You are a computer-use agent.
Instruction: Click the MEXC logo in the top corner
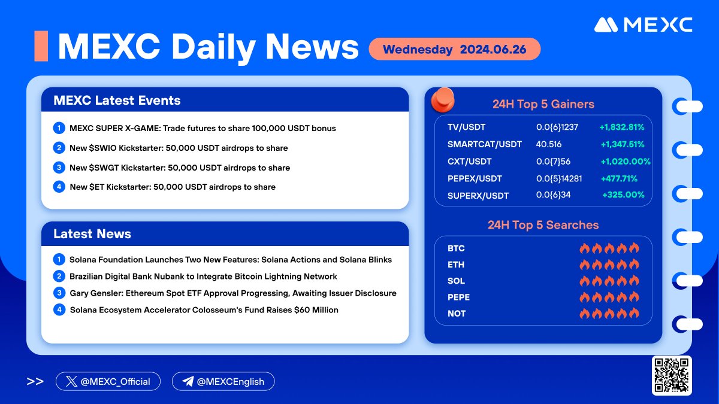[x=643, y=25]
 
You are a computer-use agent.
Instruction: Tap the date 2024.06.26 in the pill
[x=493, y=49]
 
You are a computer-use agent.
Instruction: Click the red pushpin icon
[x=443, y=100]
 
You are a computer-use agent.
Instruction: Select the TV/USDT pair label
[x=466, y=127]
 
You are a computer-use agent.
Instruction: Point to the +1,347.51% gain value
[x=623, y=145]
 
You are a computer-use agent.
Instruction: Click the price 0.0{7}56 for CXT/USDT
[x=554, y=162]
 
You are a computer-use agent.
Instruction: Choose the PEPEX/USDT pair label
[x=475, y=178]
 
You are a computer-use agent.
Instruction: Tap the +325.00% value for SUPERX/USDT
[x=623, y=195]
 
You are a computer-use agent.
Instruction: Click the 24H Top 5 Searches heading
[x=543, y=225]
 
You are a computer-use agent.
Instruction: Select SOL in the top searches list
[x=456, y=281]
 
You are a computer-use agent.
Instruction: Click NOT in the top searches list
[x=457, y=314]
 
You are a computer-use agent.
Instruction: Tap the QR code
[x=672, y=375]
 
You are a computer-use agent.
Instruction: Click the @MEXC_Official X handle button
[x=108, y=381]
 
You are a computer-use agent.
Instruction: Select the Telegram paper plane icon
[x=188, y=381]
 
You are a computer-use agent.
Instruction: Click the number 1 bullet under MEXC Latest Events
[x=59, y=128]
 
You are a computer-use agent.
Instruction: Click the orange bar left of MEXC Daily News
[x=41, y=46]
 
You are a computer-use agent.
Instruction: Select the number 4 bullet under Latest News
[x=59, y=310]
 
